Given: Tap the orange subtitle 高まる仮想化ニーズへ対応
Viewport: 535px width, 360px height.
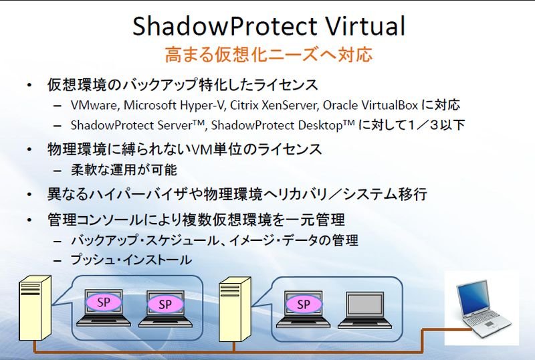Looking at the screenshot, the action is (269, 55).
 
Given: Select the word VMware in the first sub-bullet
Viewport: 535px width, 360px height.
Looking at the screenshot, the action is (94, 105).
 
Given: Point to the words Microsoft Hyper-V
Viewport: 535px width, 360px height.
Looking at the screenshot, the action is (174, 105).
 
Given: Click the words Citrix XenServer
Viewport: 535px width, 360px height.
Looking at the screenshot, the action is (274, 105).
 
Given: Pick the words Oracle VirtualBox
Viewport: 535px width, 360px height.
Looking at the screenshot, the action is (370, 105).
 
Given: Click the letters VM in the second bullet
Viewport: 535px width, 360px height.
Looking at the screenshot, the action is (201, 150).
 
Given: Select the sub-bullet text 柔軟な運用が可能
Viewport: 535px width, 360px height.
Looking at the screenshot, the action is (124, 170).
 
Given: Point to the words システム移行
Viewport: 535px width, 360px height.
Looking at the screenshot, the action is (385, 194).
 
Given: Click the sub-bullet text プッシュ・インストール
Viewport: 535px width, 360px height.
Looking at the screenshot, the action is (131, 260).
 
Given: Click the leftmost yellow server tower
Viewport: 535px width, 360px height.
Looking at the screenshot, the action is (35, 308).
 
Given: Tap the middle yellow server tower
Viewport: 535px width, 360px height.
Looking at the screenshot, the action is (235, 309).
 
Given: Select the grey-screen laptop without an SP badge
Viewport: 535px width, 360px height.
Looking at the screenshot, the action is (364, 310).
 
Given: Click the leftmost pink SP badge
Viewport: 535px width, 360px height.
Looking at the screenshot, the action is (104, 302).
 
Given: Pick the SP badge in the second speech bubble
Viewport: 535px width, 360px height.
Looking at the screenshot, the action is (304, 304).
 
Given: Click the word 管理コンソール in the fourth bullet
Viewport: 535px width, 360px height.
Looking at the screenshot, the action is (95, 219).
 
